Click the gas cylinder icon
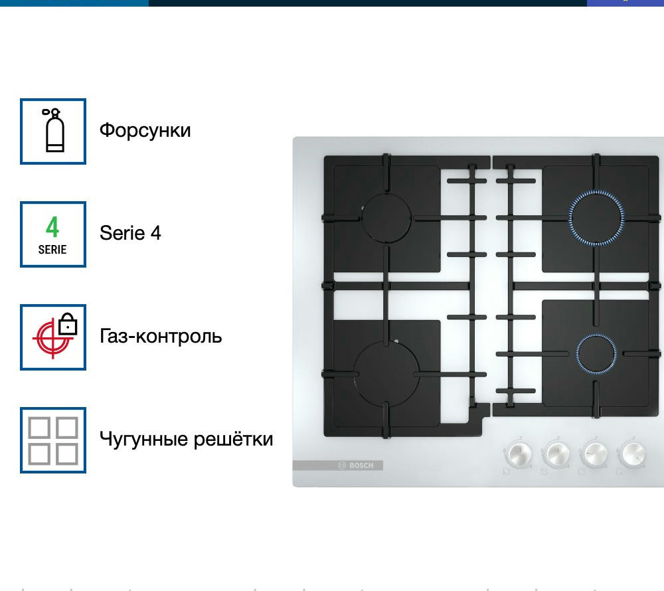coord(53,130)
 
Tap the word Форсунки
coord(145,130)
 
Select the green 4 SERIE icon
coord(53,234)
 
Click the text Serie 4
coord(130,233)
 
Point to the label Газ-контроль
coord(161,336)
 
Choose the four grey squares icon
coord(53,440)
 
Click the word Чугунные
coord(144,440)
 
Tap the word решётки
coord(233,439)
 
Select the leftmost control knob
coord(517,454)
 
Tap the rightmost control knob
coord(633,454)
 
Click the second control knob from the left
coord(556,454)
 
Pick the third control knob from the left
coord(594,454)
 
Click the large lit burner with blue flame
coord(596,218)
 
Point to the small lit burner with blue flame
coord(596,353)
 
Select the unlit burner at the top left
coord(386,218)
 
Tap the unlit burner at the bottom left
coord(386,375)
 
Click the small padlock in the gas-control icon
coord(68,324)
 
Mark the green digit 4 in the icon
coord(52,227)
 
